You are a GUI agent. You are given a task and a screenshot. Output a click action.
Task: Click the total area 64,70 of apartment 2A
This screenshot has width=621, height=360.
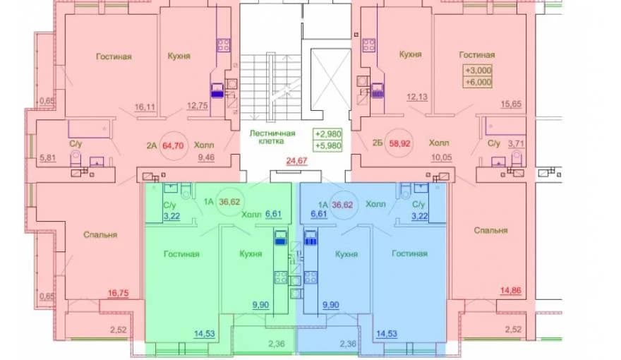tap(173, 145)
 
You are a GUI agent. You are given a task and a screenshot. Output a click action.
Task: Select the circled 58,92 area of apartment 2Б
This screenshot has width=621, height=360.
tap(399, 143)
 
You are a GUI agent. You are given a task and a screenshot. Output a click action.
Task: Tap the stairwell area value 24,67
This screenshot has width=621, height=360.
tap(296, 161)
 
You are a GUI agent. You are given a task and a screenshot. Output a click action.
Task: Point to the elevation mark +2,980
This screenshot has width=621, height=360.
tap(327, 134)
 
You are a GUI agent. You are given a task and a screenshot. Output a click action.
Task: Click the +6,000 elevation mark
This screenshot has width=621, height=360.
tap(478, 82)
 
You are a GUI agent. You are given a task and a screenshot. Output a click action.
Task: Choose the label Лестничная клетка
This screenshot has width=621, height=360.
tap(272, 137)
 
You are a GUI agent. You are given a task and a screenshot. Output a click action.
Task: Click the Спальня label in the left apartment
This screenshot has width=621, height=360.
tap(100, 235)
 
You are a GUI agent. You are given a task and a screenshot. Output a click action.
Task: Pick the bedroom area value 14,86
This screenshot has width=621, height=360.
tap(510, 290)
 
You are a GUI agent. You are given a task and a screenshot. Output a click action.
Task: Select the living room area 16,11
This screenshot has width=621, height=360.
tap(145, 107)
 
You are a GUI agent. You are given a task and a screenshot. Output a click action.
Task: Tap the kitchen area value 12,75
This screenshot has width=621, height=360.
tap(197, 105)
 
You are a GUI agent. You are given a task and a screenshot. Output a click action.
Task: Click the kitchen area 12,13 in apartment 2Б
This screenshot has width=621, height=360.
tap(418, 97)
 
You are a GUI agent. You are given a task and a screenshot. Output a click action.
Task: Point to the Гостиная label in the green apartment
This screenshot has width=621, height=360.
tap(181, 254)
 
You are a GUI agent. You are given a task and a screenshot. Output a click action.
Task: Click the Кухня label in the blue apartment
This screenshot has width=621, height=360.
tap(346, 254)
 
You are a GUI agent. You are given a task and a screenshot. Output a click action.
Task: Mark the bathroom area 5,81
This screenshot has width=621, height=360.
tap(48, 157)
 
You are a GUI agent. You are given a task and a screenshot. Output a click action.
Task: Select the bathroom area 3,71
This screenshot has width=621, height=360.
tap(516, 143)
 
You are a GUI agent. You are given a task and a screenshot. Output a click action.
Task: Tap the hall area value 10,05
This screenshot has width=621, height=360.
tap(442, 157)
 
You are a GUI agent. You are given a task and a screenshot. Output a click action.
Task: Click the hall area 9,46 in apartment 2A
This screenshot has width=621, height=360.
tap(206, 157)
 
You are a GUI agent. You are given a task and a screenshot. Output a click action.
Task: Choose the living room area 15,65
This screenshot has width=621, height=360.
tap(511, 104)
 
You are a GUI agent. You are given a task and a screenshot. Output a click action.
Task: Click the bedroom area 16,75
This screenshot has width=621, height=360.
tap(119, 293)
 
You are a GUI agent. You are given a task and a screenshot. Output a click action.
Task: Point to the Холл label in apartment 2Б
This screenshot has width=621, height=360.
tap(439, 143)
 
